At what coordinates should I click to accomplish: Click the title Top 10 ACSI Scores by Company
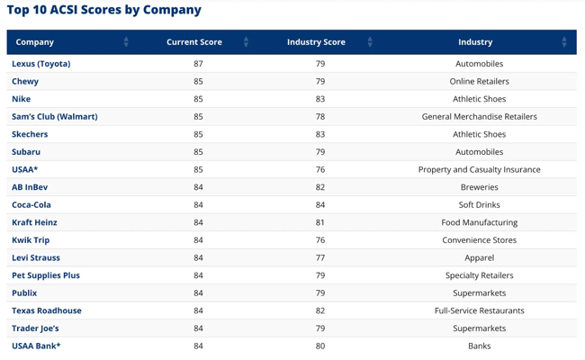click(104, 11)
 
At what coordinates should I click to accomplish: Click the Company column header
click(35, 42)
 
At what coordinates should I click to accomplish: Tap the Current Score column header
click(194, 42)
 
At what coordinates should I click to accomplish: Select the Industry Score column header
click(316, 42)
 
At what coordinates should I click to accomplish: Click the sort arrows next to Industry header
click(564, 42)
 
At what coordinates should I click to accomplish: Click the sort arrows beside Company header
click(126, 42)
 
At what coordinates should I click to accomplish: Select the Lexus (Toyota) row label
click(41, 64)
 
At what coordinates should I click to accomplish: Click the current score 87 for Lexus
click(199, 64)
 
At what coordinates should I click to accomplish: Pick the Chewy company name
click(25, 82)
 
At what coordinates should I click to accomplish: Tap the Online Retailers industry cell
click(479, 82)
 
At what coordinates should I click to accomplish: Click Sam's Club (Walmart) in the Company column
click(55, 117)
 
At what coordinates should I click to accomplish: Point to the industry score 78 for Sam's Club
click(320, 117)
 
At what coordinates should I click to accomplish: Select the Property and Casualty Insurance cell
click(479, 169)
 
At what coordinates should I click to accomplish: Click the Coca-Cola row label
click(31, 205)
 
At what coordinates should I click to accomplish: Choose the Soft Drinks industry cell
click(479, 205)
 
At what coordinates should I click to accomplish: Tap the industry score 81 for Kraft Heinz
click(320, 222)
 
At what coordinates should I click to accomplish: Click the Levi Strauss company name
click(36, 257)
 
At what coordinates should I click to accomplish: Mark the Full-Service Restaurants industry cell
click(479, 310)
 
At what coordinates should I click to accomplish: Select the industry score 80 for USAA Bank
click(320, 346)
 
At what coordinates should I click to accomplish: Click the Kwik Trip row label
click(31, 240)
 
